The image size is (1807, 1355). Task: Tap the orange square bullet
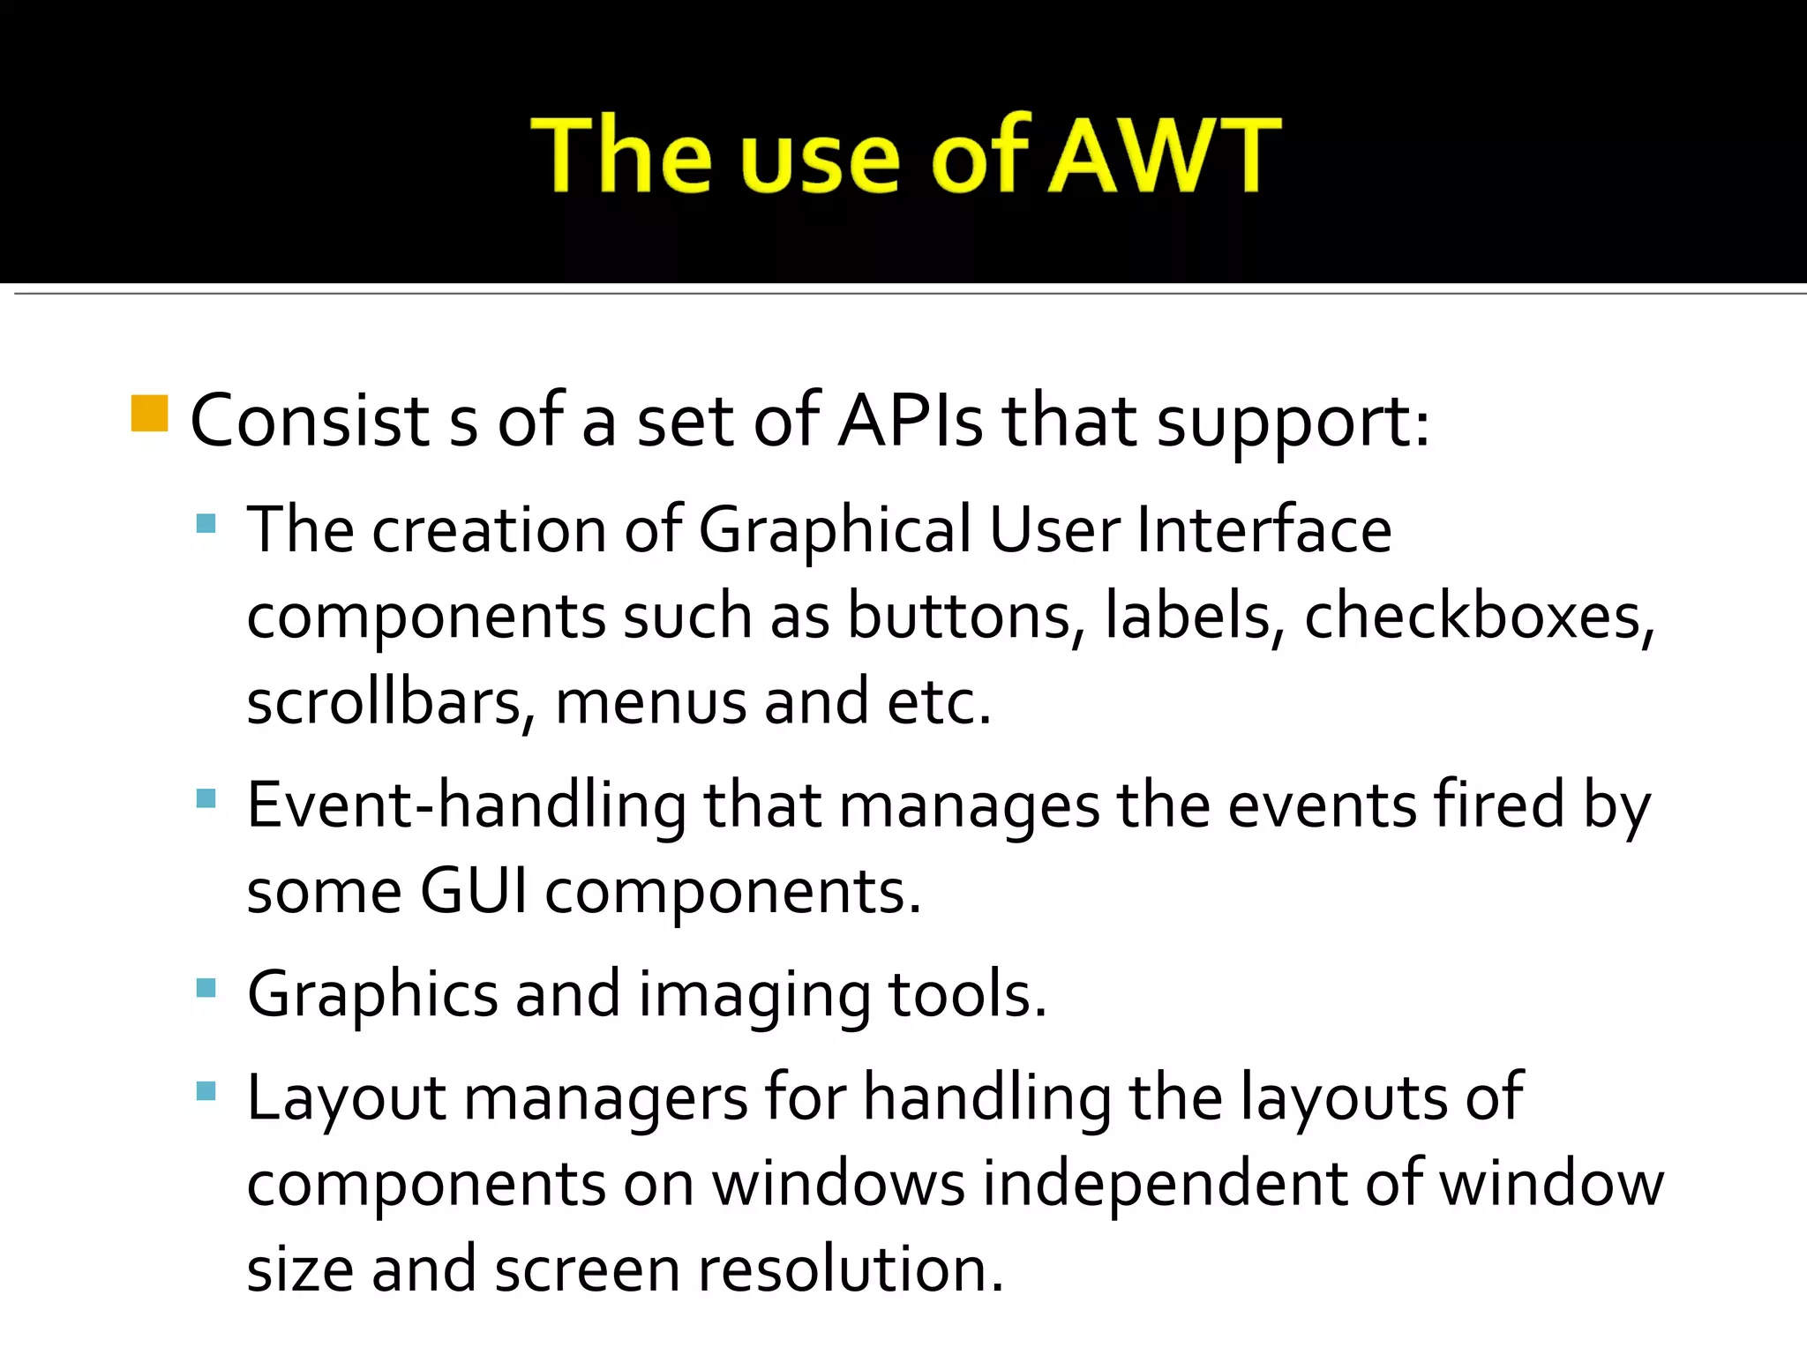pyautogui.click(x=149, y=414)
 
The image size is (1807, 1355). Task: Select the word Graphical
pyautogui.click(x=835, y=532)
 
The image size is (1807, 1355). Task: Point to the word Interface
pyautogui.click(x=1263, y=530)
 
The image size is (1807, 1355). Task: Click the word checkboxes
pyautogui.click(x=1479, y=616)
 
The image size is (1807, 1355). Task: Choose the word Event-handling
pyautogui.click(x=466, y=806)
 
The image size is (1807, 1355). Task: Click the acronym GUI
pyautogui.click(x=473, y=891)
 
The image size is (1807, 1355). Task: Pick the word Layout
pyautogui.click(x=346, y=1097)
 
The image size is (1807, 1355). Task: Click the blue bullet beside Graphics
pyautogui.click(x=206, y=987)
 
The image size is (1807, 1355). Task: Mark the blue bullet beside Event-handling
pyautogui.click(x=206, y=799)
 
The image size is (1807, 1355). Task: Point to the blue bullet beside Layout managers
pyautogui.click(x=206, y=1091)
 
